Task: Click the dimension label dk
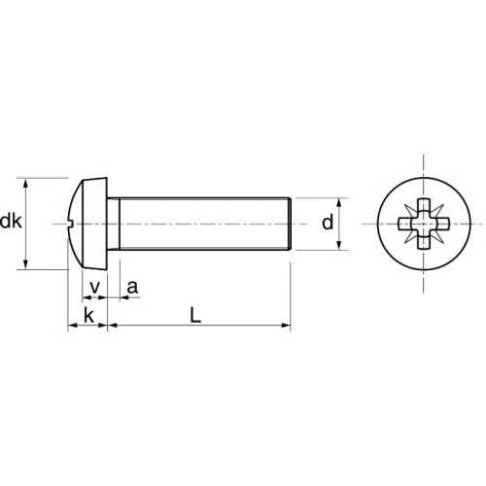tap(11, 222)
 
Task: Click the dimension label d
tap(328, 223)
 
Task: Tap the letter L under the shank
tap(195, 315)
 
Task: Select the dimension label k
tap(88, 315)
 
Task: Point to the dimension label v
tap(94, 288)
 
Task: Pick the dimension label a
tap(132, 288)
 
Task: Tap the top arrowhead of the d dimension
tap(339, 203)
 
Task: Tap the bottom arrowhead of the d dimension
tap(339, 244)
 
